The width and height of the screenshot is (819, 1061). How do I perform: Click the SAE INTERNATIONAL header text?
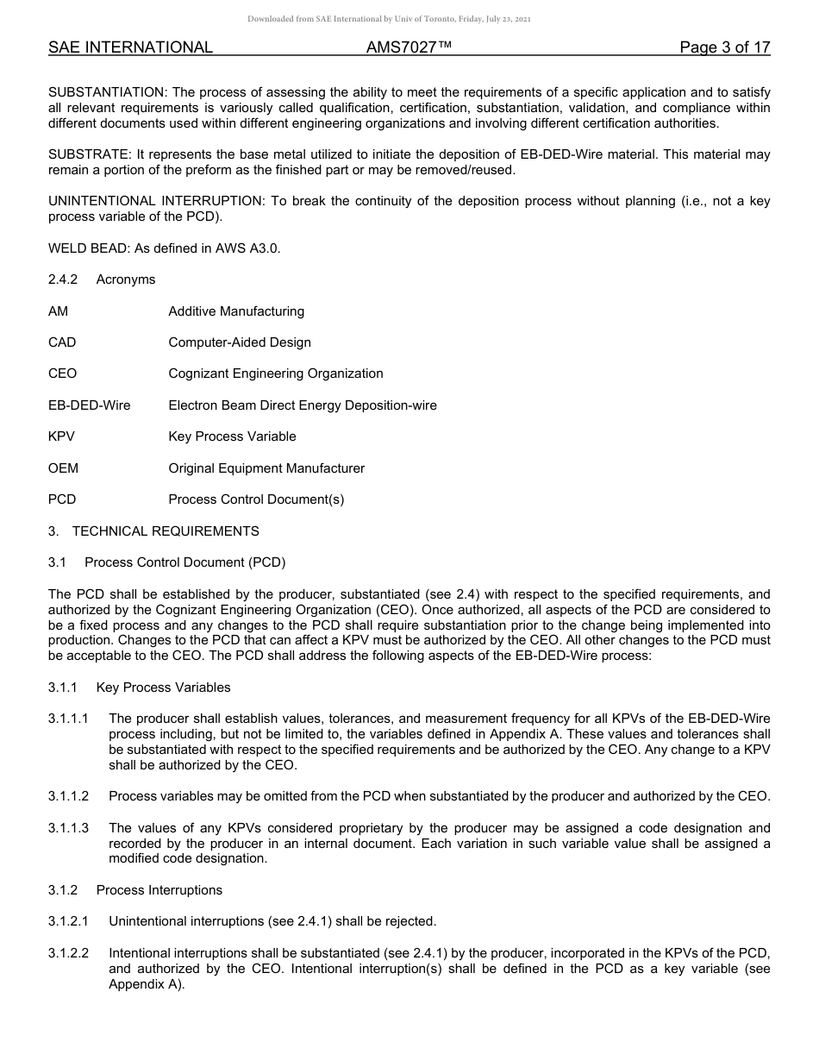coord(130,47)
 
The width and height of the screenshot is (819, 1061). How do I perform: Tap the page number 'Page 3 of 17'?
coord(724,47)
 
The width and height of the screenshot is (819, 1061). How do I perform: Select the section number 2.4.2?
coord(63,279)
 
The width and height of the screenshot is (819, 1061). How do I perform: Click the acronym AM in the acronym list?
coord(58,311)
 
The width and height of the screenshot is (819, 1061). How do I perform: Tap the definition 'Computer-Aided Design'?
coord(240,342)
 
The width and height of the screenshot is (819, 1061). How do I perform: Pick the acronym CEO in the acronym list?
coord(62,374)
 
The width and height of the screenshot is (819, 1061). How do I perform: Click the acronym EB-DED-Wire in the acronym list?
coord(90,405)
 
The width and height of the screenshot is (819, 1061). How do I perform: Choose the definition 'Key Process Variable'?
coord(232,436)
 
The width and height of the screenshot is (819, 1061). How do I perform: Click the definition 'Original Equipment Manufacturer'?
coord(266,468)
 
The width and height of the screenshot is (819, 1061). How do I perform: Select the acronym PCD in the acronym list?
coord(62,499)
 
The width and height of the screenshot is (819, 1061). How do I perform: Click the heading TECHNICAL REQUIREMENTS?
coord(166,530)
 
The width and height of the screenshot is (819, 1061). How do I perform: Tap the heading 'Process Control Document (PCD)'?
coord(184,562)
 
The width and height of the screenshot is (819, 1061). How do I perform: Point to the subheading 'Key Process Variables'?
coord(164,687)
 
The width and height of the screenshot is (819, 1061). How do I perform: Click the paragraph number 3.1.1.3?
coord(69,828)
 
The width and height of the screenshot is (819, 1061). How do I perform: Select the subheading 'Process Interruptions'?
coord(159,890)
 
